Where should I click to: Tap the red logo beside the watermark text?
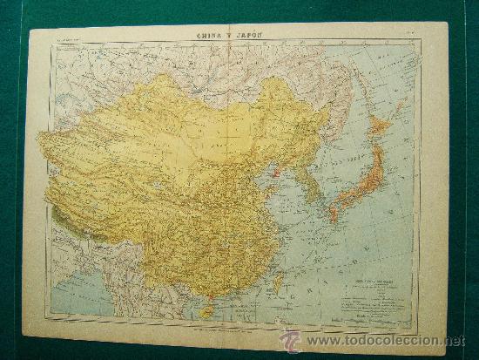pyautogui.click(x=290, y=340)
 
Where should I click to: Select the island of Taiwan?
pyautogui.click(x=278, y=281)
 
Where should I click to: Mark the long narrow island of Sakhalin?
pyautogui.click(x=364, y=83)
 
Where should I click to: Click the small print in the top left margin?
pyautogui.click(x=70, y=39)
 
